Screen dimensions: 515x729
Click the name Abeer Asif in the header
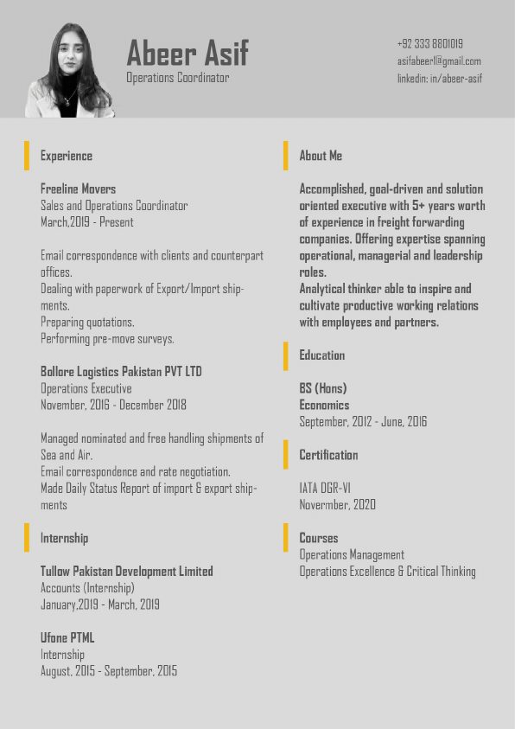188,54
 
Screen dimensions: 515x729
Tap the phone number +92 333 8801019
429,43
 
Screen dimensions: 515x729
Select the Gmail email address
439,61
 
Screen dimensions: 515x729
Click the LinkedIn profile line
439,79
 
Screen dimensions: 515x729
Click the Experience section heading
67,156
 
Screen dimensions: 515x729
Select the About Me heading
321,156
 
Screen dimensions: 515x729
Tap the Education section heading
321,355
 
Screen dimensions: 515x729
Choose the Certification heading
328,455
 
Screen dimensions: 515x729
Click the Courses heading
319,538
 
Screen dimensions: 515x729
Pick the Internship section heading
64,538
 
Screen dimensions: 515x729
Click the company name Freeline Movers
78,189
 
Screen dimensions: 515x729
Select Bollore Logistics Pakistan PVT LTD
121,372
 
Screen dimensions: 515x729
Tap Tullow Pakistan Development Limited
127,572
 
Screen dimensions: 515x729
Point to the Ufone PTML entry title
67,638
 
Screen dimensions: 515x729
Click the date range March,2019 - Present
87,222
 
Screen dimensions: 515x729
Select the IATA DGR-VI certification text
325,488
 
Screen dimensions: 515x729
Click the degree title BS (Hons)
323,388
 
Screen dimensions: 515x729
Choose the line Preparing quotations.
87,322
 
